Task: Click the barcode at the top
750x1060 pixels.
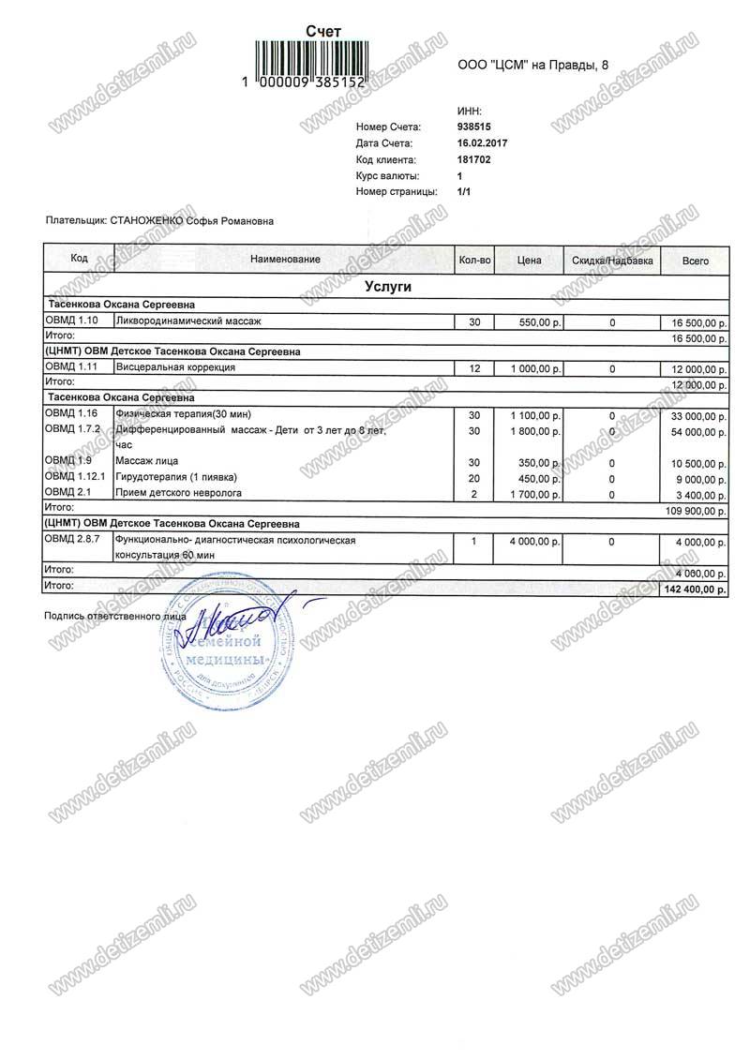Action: (315, 58)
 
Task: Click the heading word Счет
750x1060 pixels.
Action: (324, 31)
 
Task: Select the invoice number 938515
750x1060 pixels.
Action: (475, 127)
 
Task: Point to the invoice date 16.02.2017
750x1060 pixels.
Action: (482, 143)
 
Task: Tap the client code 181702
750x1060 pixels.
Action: (474, 160)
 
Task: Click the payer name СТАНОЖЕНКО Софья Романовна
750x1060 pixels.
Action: (192, 221)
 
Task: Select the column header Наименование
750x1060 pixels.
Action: (285, 260)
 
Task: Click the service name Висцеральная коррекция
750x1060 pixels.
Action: (174, 368)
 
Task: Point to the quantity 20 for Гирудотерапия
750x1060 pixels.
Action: (473, 477)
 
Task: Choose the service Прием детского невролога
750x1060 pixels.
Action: (177, 492)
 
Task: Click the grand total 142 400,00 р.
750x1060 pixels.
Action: (695, 589)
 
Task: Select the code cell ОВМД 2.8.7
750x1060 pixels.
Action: (71, 541)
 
